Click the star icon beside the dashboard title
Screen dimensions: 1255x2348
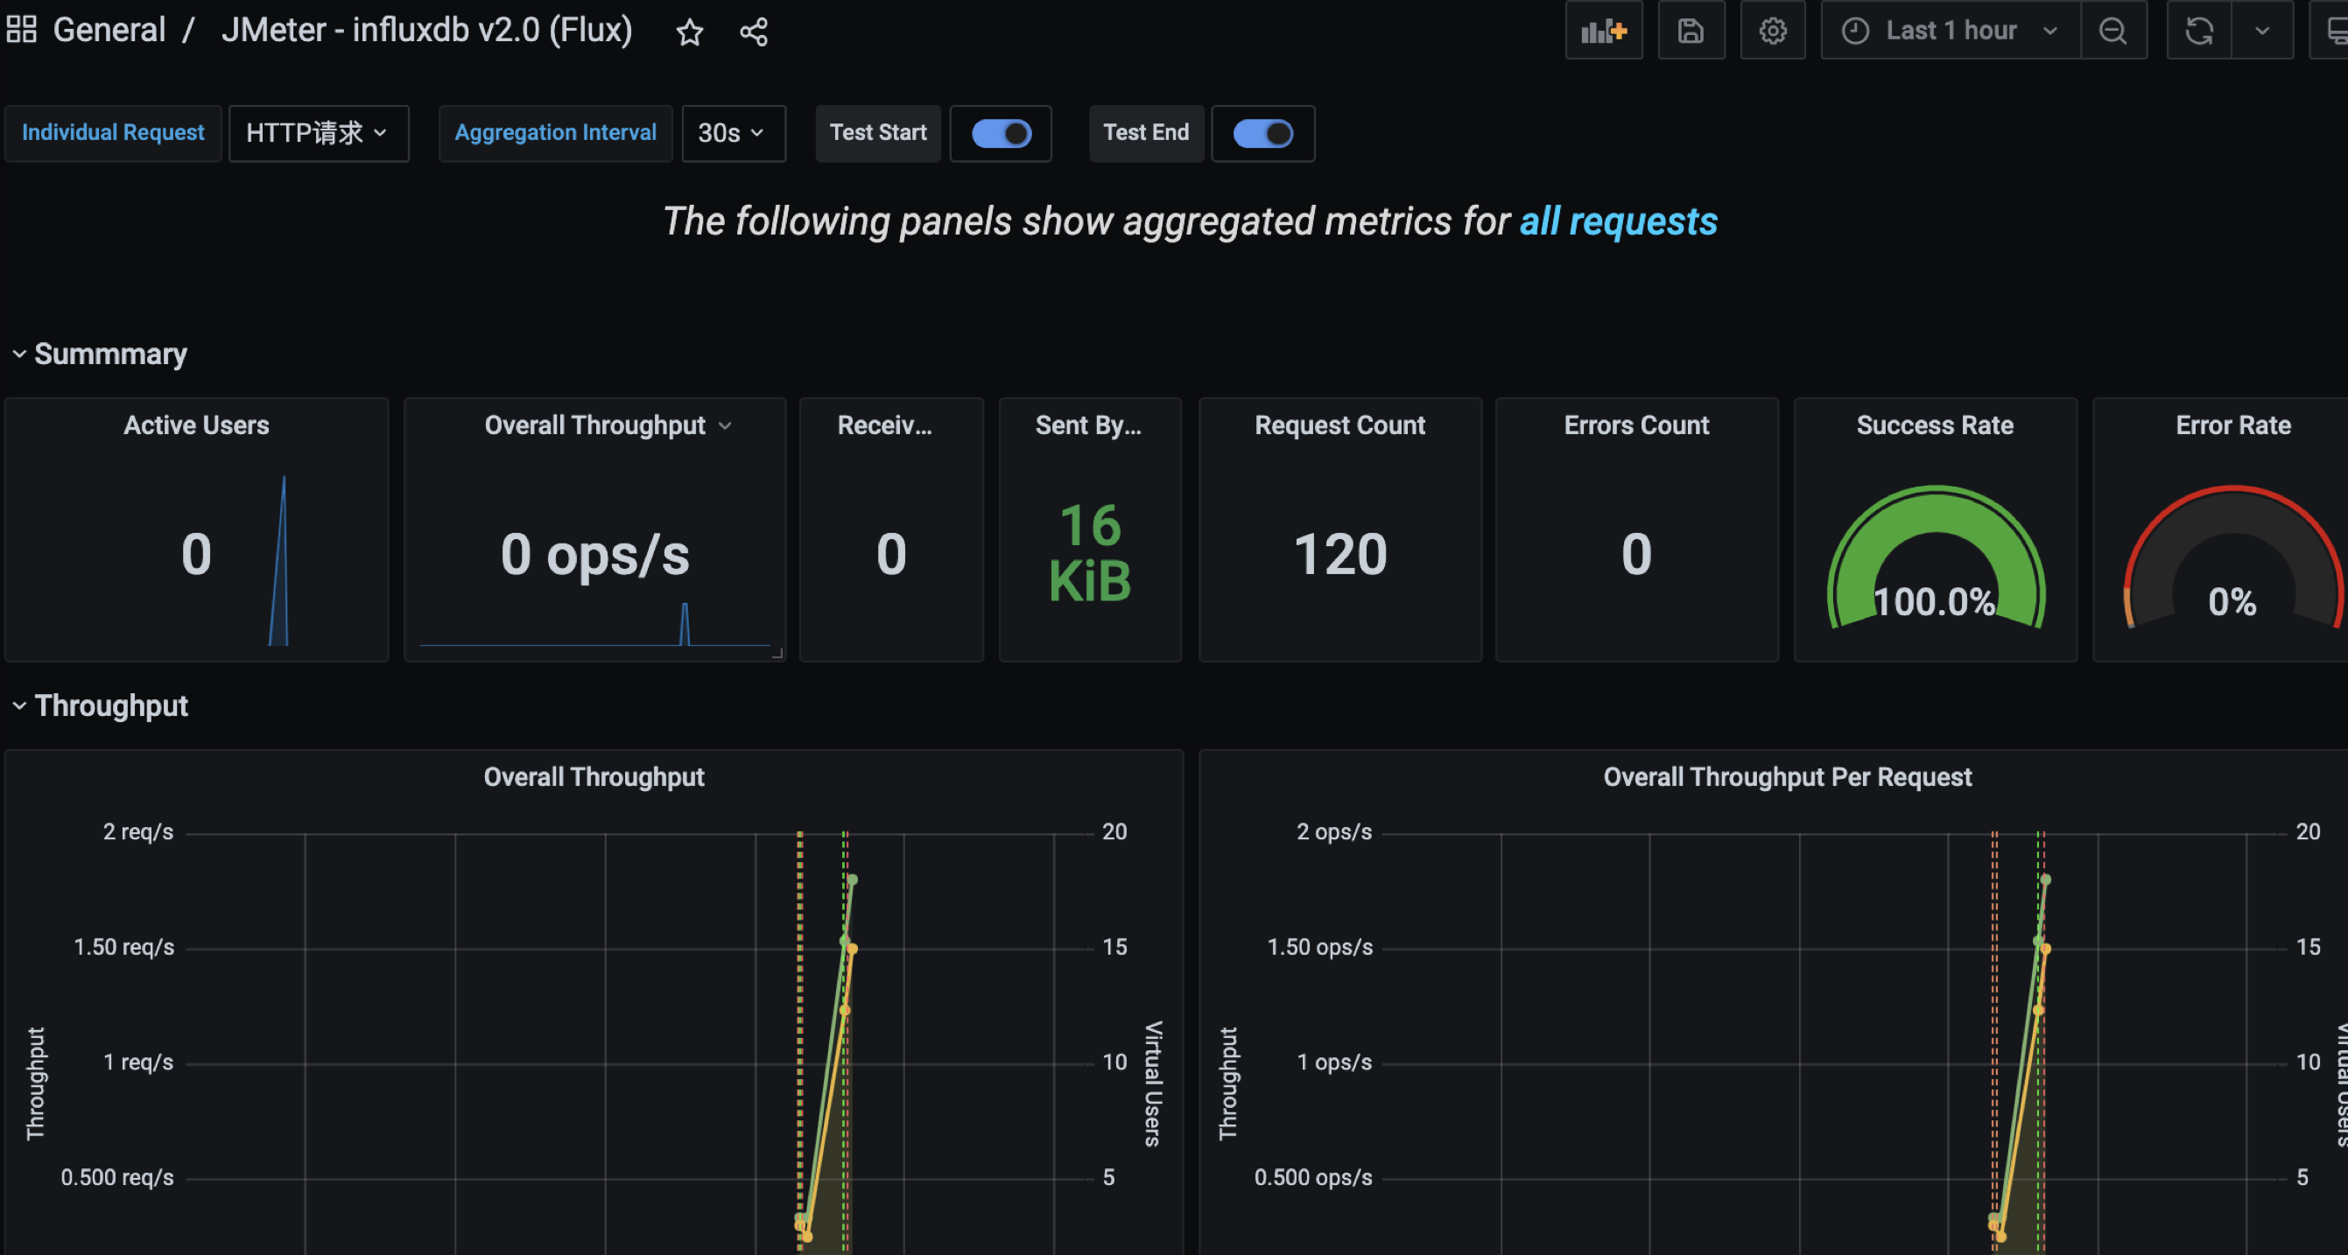(689, 32)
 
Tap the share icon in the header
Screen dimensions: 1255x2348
(754, 32)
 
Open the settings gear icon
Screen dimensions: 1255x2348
(1772, 31)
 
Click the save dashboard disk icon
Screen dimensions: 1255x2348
(1691, 31)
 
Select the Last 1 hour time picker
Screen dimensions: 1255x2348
(1951, 31)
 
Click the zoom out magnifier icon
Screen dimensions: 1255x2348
(2112, 31)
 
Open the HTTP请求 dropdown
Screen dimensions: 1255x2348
(318, 133)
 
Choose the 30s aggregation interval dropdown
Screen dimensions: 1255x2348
(733, 133)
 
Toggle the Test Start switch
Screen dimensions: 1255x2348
(1001, 133)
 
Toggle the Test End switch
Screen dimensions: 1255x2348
(1262, 133)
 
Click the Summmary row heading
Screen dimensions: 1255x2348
(110, 354)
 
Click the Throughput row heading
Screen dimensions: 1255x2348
(111, 705)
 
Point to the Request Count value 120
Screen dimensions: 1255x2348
(1339, 554)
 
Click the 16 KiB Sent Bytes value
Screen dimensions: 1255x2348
(1090, 553)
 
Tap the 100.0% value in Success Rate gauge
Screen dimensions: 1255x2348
(1934, 601)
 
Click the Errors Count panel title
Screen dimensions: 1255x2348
(1636, 424)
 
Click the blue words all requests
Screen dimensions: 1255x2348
(1618, 221)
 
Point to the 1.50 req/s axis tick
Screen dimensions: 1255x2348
(124, 947)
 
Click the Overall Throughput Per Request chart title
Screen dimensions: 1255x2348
(1787, 776)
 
